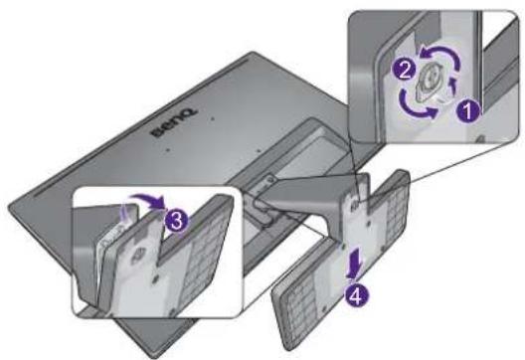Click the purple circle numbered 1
pos(468,111)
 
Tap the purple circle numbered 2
pos(405,71)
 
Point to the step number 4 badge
pos(357,295)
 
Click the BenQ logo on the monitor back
pos(174,123)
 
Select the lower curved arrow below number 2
pos(417,106)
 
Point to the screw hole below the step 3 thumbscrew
pos(154,277)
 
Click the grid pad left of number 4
pos(299,304)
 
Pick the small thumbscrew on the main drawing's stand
pos(355,204)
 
